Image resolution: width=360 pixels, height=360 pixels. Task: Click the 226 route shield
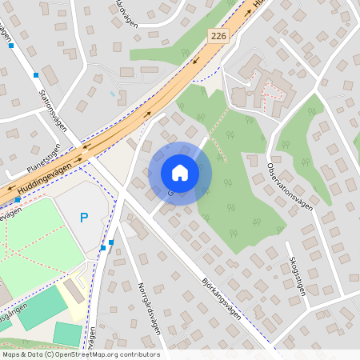coord(218,36)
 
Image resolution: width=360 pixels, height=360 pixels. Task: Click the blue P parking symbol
coord(84,218)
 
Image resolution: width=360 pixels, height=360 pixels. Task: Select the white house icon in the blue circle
coord(180,173)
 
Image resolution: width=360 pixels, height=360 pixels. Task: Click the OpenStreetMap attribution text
coord(80,354)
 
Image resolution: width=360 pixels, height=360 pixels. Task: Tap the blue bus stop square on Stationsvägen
coord(36,75)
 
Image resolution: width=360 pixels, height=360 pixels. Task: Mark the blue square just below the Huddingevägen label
coord(18,200)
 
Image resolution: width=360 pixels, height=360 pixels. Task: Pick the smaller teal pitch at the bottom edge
coord(67,334)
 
